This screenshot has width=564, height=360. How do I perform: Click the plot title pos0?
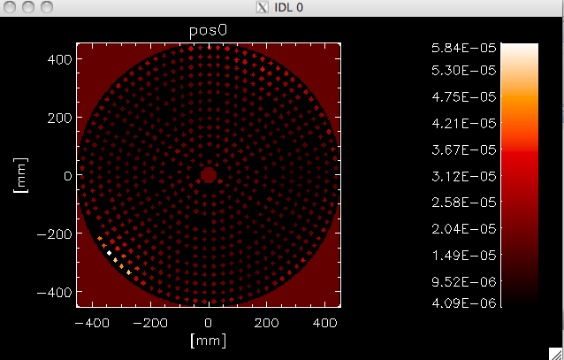pyautogui.click(x=209, y=31)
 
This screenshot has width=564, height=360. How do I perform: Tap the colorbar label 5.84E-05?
pyautogui.click(x=463, y=48)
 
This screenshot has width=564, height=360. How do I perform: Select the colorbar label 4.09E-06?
pyautogui.click(x=463, y=303)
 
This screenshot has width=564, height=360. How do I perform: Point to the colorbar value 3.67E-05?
pyautogui.click(x=463, y=149)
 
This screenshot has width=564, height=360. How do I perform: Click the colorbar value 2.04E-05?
pyautogui.click(x=463, y=229)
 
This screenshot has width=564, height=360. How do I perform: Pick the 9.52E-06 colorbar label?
pyautogui.click(x=463, y=281)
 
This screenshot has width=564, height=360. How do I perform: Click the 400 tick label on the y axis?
pyautogui.click(x=60, y=59)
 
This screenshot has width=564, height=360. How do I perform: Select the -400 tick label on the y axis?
pyautogui.click(x=55, y=292)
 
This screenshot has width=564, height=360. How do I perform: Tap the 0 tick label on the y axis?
pyautogui.click(x=68, y=176)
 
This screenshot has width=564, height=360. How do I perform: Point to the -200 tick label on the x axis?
pyautogui.click(x=150, y=323)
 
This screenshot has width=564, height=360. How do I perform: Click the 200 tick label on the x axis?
pyautogui.click(x=266, y=323)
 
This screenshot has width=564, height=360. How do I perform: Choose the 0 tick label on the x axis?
pyautogui.click(x=209, y=323)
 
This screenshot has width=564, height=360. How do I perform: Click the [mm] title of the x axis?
pyautogui.click(x=209, y=341)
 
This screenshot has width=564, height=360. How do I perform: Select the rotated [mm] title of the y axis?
pyautogui.click(x=20, y=175)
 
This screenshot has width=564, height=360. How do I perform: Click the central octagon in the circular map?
pyautogui.click(x=209, y=175)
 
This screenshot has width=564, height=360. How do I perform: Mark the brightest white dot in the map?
pyautogui.click(x=109, y=253)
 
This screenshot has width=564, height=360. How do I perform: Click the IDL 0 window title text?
pyautogui.click(x=288, y=7)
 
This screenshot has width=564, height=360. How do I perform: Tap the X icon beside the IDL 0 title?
pyautogui.click(x=263, y=7)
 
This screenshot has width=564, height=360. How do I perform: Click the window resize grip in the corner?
pyautogui.click(x=556, y=354)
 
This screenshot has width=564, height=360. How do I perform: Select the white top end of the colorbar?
pyautogui.click(x=520, y=49)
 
